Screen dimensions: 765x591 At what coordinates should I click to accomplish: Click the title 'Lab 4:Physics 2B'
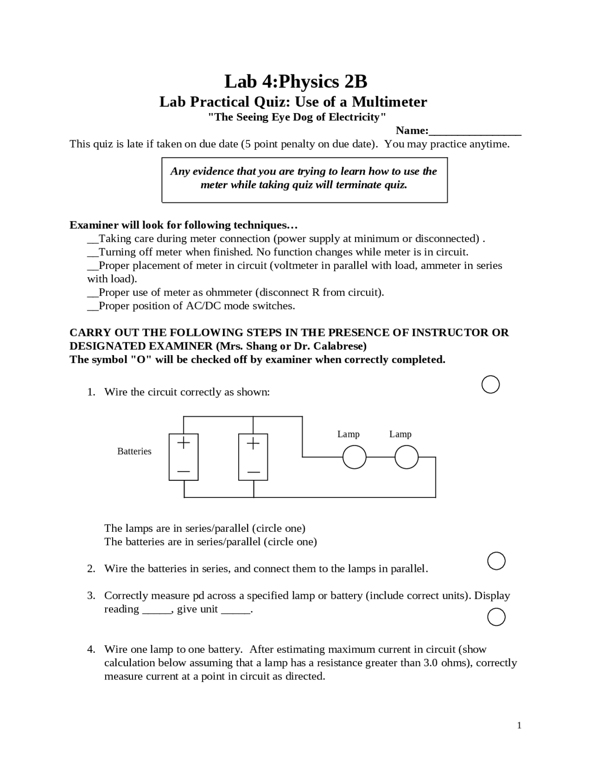tap(295, 82)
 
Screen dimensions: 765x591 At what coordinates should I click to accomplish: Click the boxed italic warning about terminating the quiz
tap(304, 179)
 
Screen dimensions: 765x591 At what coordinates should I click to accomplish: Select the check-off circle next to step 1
tap(490, 384)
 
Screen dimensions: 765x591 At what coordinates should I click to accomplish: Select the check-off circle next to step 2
tap(496, 561)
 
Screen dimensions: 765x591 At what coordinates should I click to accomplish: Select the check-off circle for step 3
tap(496, 617)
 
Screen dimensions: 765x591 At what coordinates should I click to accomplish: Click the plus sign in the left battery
tap(184, 443)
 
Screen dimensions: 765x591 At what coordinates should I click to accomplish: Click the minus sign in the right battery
tap(253, 472)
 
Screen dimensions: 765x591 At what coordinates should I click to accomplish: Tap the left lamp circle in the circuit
tap(354, 457)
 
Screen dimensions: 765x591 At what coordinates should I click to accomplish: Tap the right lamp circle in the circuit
tap(406, 457)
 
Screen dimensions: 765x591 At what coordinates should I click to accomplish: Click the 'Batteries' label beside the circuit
tap(134, 451)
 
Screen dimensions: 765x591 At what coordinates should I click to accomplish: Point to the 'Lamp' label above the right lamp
tap(400, 434)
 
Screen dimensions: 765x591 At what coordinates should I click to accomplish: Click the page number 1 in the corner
tap(519, 725)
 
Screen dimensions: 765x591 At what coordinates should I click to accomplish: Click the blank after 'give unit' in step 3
tap(235, 610)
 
